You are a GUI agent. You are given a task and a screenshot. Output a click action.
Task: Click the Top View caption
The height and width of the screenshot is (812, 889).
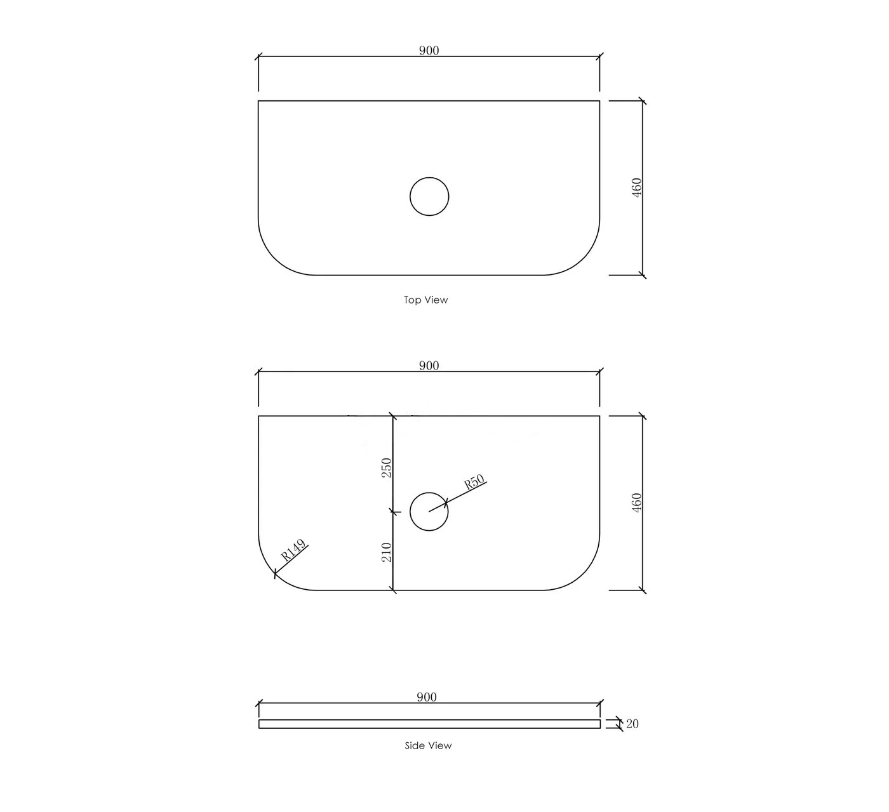[425, 300]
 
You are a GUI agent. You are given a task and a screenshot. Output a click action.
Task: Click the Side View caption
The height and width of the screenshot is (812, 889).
[428, 746]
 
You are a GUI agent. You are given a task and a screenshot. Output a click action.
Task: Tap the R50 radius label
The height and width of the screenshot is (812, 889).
[474, 482]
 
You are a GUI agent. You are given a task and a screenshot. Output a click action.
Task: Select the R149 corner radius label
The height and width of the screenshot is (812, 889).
[293, 550]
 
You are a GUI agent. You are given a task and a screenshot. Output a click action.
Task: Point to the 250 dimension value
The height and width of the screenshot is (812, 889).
[387, 468]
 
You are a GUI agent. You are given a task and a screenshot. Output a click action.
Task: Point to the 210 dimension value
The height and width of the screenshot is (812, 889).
[387, 552]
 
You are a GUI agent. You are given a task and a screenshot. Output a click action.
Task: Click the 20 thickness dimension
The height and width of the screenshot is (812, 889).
[632, 724]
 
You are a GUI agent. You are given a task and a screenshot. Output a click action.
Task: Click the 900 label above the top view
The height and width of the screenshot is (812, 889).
[429, 51]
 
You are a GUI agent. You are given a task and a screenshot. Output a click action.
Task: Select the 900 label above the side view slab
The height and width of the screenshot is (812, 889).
[427, 697]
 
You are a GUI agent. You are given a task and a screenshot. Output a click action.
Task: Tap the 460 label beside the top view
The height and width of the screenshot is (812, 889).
[636, 187]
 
